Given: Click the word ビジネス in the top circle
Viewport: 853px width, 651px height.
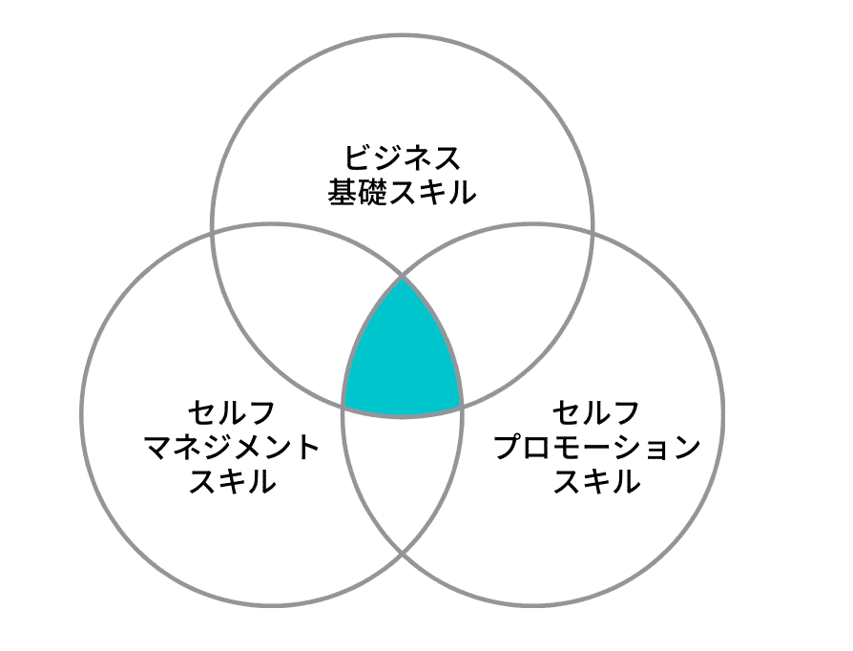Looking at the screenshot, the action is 402,158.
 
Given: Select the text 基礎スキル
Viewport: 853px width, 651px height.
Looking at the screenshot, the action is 402,194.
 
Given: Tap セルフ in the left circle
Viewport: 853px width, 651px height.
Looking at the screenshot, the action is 232,413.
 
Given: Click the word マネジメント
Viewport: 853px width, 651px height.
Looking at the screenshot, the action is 232,448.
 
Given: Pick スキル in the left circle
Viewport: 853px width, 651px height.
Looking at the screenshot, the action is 232,482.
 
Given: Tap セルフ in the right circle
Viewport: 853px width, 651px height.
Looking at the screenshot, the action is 596,413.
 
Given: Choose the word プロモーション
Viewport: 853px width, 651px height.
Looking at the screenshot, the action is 596,448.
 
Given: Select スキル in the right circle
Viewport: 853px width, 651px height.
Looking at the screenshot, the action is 596,482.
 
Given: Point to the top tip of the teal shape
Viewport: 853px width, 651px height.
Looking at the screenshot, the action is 403,279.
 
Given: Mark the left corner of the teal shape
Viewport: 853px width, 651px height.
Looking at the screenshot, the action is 343,408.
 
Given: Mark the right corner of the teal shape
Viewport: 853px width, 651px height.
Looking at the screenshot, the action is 463,408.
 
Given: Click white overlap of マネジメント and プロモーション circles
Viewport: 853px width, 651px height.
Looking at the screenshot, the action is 403,477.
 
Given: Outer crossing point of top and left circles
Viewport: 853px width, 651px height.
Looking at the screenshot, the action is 211,232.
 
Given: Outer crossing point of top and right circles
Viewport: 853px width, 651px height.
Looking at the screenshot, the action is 593,232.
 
